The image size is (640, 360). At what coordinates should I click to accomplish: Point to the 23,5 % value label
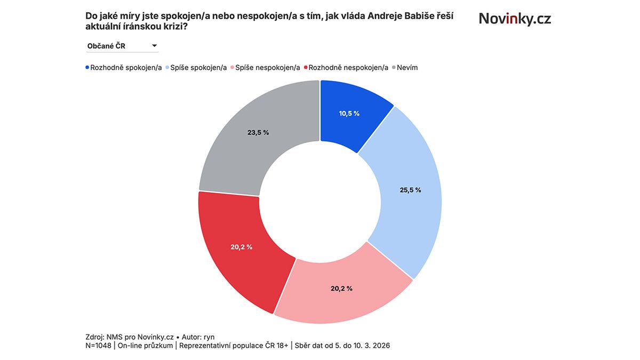258,132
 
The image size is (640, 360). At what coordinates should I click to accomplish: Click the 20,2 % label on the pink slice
341,289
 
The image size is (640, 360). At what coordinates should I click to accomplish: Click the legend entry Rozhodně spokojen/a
126,68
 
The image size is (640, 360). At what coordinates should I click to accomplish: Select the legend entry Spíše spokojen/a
198,68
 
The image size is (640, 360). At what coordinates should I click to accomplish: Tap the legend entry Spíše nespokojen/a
267,68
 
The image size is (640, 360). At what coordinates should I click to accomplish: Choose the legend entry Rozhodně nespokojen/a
348,68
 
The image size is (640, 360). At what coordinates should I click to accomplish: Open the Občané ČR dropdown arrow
154,46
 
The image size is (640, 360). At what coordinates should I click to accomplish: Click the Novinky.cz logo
515,19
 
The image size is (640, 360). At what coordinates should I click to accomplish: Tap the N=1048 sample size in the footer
99,346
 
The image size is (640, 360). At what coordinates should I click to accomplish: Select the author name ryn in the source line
209,337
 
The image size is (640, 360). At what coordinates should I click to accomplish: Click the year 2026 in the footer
381,346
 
